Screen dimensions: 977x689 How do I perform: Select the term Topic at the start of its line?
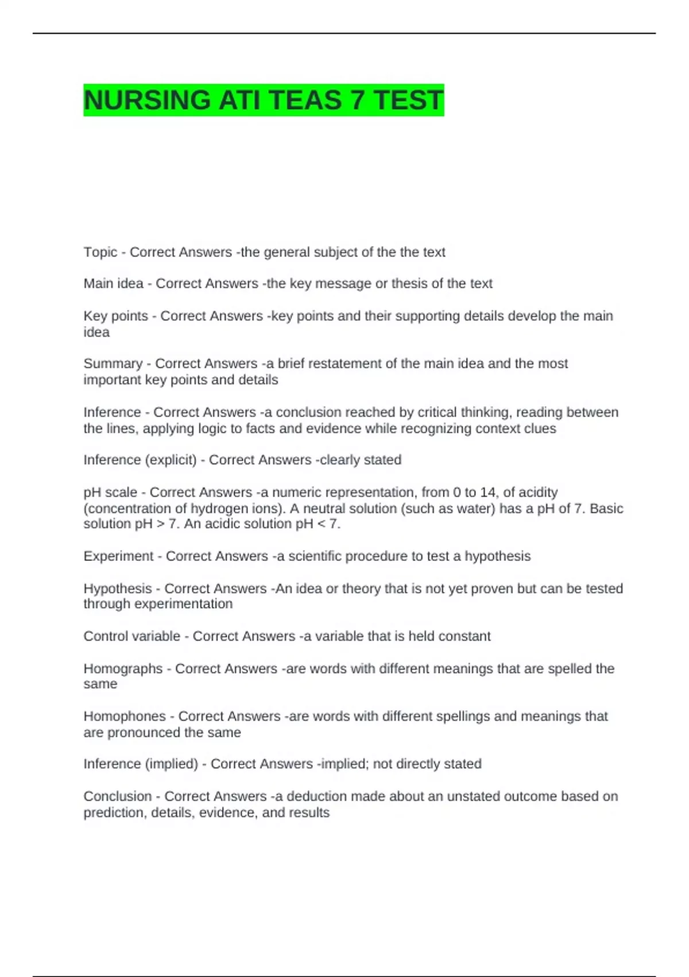tap(100, 252)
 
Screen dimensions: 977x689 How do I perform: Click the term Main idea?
tap(113, 284)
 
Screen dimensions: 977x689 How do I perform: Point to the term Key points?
tap(115, 316)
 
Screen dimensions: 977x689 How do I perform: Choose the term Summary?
tap(113, 364)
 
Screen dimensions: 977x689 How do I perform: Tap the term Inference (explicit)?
tap(140, 460)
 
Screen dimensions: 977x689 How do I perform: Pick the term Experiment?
tap(118, 556)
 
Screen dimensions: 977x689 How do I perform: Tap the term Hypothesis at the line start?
tap(118, 588)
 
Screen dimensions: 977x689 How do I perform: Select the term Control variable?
tap(131, 636)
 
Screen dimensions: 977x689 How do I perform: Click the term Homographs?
tap(123, 669)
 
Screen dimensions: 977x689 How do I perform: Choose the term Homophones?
tap(125, 717)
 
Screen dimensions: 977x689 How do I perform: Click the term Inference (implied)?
tap(141, 764)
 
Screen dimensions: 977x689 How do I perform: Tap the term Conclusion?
tap(118, 797)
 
